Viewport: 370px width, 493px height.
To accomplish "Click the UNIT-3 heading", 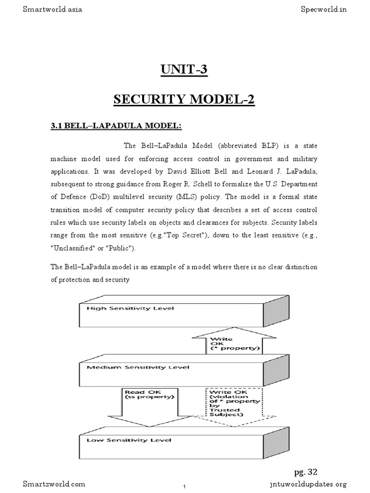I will [184, 70].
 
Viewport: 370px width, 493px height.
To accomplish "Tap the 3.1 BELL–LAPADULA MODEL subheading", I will [116, 126].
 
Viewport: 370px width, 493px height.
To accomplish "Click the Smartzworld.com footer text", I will [54, 483].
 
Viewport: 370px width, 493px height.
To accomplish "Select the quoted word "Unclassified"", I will [73, 248].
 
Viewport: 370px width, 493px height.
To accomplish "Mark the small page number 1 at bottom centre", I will [185, 487].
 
